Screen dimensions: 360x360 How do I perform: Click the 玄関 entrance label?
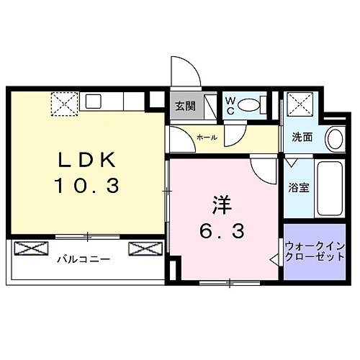[x=185, y=106]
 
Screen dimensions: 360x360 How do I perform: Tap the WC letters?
[x=230, y=106]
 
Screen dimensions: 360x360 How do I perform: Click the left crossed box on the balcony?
[x=30, y=248]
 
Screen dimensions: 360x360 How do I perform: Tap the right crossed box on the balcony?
[x=143, y=248]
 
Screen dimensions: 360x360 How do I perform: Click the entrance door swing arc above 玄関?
[x=185, y=72]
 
